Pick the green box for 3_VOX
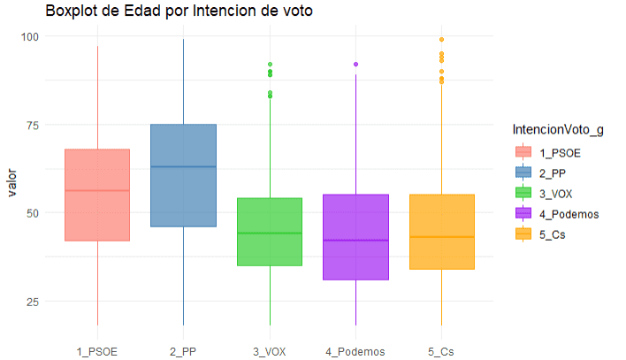pos(269,232)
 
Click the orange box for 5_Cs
pos(441,232)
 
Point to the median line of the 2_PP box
pos(183,166)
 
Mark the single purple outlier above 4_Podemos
pos(355,65)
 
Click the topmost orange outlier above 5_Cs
pos(441,40)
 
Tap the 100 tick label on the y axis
pos(30,36)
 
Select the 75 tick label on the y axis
pos(33,125)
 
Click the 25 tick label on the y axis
pos(33,301)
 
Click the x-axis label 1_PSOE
pos(97,351)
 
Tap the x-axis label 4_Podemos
pos(355,351)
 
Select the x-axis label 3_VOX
pos(269,351)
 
